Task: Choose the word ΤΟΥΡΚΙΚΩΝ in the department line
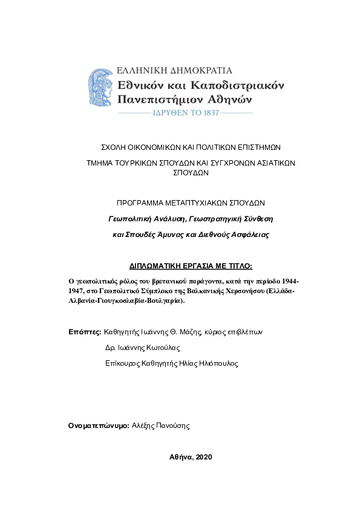click(x=139, y=163)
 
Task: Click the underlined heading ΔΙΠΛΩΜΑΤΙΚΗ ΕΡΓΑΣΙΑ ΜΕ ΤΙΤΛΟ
click(x=191, y=265)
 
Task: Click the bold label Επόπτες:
click(x=85, y=332)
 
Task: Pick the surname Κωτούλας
click(x=163, y=348)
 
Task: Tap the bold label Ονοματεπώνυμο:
click(x=99, y=426)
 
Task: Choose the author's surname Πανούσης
click(x=172, y=426)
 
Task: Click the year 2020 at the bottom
click(x=204, y=457)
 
